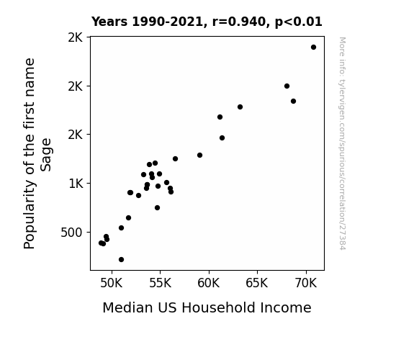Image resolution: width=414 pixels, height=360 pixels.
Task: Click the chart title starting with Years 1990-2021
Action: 207,22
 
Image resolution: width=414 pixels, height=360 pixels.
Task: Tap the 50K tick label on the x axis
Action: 112,283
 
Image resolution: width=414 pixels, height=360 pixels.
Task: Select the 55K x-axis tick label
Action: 160,283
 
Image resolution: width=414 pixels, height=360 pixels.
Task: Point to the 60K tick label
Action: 209,283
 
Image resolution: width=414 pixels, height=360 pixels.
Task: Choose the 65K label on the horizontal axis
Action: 257,283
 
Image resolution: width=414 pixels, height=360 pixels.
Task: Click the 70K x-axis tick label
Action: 306,283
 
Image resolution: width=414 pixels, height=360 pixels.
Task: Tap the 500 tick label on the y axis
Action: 71,233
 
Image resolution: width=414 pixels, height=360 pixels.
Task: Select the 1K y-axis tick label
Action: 76,184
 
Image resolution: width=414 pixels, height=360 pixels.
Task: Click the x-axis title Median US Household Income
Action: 207,307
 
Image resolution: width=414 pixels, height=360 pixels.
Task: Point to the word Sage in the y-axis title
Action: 46,155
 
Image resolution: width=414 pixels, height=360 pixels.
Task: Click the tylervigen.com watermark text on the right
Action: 342,143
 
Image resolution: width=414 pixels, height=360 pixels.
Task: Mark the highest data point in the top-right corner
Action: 313,48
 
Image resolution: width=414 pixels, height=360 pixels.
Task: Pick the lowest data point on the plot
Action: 121,260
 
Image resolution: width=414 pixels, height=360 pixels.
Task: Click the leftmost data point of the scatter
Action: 101,243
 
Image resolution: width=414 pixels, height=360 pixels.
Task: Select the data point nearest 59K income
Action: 199,155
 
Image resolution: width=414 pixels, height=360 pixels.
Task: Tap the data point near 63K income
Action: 240,107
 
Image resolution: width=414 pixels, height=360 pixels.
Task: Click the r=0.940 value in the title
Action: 239,22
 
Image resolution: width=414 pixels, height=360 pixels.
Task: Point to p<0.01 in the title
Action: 298,22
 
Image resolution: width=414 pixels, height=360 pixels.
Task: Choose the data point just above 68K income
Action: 287,86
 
